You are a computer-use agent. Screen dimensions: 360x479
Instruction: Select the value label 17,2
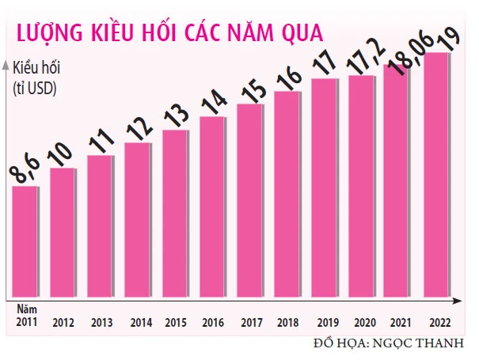pos(363,60)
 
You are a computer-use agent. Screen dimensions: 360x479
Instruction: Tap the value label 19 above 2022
pos(444,40)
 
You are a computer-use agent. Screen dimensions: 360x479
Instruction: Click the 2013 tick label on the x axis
pos(101,323)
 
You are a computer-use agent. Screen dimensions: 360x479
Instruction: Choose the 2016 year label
pos(212,323)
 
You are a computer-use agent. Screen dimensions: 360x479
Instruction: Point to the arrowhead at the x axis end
pos(461,301)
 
